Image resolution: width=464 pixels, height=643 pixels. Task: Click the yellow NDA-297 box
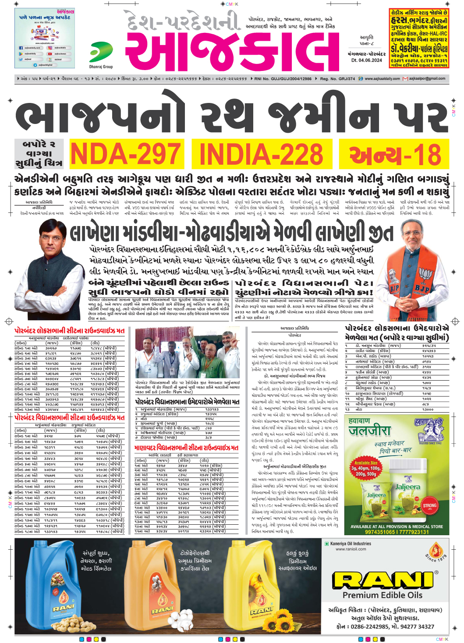[125, 154]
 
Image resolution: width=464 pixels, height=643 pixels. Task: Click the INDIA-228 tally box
[261, 154]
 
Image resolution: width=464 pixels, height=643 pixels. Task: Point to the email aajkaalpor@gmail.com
[427, 79]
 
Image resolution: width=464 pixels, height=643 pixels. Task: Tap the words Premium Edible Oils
[383, 595]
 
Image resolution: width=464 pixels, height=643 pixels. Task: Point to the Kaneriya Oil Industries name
[351, 544]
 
